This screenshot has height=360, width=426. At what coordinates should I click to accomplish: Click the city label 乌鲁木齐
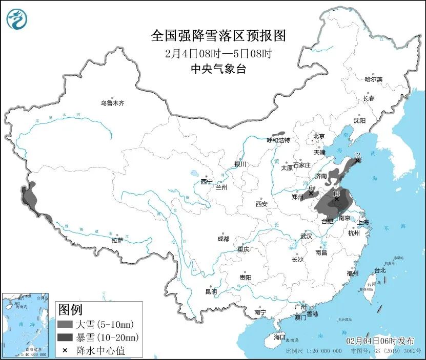pos(112,103)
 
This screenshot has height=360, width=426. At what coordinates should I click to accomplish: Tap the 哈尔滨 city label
pos(373,79)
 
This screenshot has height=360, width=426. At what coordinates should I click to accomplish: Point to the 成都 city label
pos(223,239)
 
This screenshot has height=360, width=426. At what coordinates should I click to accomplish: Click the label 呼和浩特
pos(278,140)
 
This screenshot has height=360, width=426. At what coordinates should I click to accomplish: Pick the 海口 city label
pos(279,337)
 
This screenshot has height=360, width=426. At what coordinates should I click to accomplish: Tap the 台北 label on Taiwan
pos(379,270)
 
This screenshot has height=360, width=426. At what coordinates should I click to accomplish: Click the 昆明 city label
pos(211,291)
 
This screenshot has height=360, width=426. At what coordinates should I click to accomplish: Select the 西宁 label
pos(207,181)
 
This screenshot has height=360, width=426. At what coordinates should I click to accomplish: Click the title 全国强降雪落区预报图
pos(218,36)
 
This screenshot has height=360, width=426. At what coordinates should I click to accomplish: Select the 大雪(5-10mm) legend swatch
pos(66,325)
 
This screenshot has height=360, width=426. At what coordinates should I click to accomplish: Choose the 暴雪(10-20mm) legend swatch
pos(66,337)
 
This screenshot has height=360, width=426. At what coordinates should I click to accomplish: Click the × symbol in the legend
pos(65,351)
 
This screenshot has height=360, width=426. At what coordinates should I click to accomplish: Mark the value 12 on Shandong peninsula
pos(357,155)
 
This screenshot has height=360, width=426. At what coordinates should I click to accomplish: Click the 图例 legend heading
pos(70,310)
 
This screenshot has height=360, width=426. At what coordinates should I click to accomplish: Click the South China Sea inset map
pos(26,324)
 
